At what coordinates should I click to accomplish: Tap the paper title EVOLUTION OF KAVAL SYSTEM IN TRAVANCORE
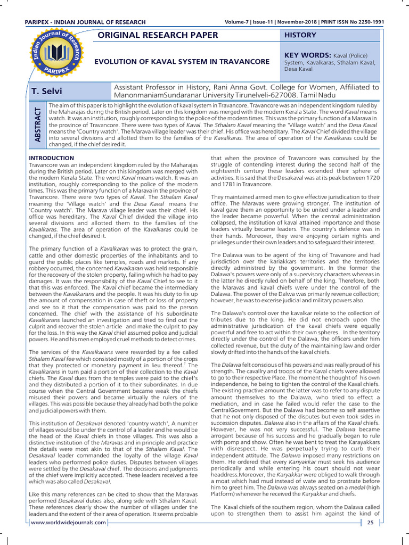click(x=182, y=62)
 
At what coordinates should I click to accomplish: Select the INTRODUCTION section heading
click(x=51, y=158)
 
